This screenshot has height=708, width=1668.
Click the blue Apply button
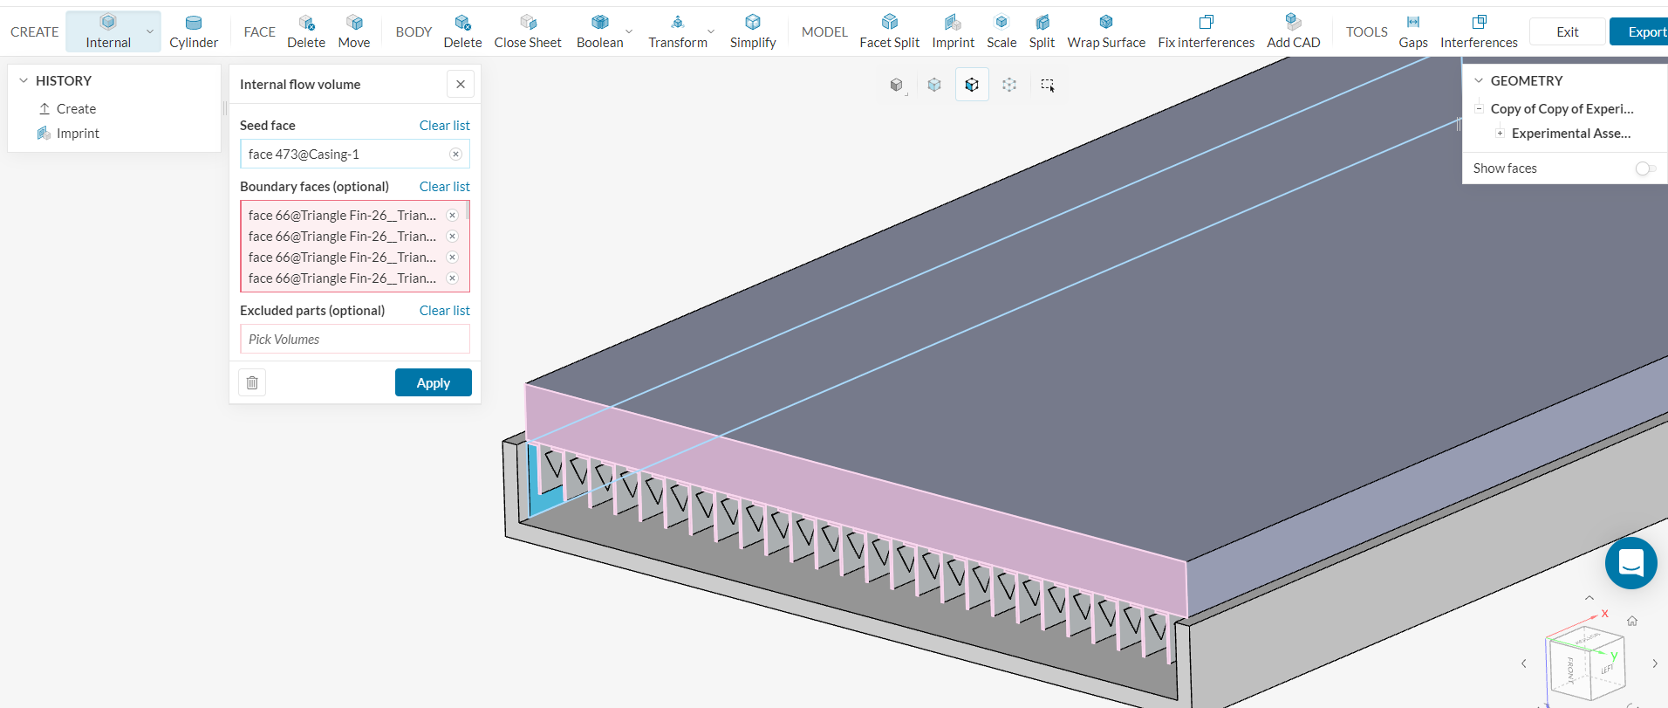433,382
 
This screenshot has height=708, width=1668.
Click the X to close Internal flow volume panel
461,84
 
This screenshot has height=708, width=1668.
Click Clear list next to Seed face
444,125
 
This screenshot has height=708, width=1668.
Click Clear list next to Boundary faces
444,186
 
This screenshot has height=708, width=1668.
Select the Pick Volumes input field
354,339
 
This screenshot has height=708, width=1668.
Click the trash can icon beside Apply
252,382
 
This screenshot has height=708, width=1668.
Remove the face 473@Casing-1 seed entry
455,154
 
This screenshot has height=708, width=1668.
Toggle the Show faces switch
1644,168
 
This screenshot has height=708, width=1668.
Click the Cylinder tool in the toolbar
194,31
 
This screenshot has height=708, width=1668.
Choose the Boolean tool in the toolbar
599,31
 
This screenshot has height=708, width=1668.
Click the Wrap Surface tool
1105,31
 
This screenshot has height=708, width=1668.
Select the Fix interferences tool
1206,31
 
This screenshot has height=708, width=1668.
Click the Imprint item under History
78,134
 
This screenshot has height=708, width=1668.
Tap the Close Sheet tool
528,31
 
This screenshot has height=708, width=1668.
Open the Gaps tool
1412,31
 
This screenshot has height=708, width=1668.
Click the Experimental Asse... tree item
1570,134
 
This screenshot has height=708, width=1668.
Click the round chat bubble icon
1630,563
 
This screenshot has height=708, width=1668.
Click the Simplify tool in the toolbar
752,31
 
